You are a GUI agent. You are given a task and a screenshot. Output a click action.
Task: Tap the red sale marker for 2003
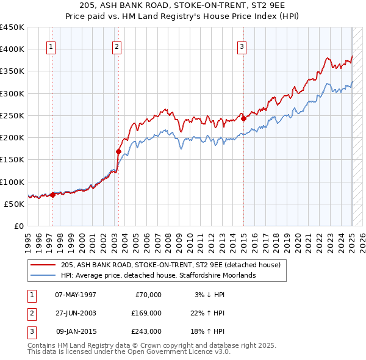tap(119, 151)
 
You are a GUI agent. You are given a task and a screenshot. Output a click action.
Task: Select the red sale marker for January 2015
tap(243, 118)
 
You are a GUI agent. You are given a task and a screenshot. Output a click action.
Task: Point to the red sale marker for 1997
tap(53, 195)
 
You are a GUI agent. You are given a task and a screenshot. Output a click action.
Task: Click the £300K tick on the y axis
tap(13, 93)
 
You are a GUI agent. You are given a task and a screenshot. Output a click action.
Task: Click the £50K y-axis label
tap(15, 204)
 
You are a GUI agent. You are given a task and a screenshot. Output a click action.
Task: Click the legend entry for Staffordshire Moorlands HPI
tap(157, 275)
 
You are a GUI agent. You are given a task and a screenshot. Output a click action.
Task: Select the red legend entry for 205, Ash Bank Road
tap(170, 265)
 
